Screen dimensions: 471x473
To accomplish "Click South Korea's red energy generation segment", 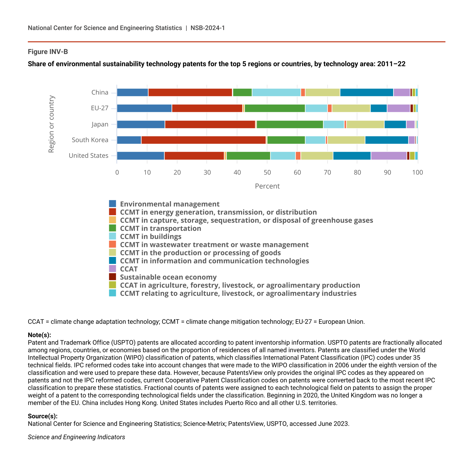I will click(x=204, y=140).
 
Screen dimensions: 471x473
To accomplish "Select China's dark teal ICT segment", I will click(x=367, y=92).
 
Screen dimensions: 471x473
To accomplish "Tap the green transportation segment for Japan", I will click(x=290, y=124).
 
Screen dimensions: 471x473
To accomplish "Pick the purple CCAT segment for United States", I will click(x=389, y=156).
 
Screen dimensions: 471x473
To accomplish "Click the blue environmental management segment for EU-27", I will click(x=144, y=108).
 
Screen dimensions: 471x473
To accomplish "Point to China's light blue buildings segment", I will click(x=276, y=92).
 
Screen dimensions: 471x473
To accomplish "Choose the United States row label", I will click(x=89, y=156).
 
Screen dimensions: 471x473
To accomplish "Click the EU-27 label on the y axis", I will click(x=99, y=108).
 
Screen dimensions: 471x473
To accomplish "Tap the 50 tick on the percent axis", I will click(x=267, y=173).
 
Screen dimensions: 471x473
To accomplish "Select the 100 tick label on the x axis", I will click(x=417, y=173).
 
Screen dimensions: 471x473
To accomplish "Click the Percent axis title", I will click(x=267, y=186).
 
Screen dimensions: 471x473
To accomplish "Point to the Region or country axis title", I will click(x=51, y=124).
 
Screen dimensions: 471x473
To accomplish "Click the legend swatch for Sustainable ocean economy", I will click(x=112, y=277).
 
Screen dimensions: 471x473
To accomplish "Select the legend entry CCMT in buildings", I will click(x=151, y=237).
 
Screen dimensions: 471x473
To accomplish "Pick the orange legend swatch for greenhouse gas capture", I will click(x=112, y=220).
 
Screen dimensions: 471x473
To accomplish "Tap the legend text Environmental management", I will click(x=170, y=204).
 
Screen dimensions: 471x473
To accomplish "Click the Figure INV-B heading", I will click(x=48, y=52).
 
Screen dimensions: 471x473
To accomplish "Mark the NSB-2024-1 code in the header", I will click(x=208, y=28).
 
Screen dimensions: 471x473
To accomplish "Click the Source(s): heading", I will click(x=43, y=416).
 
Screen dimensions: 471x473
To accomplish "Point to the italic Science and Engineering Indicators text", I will click(x=76, y=437).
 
